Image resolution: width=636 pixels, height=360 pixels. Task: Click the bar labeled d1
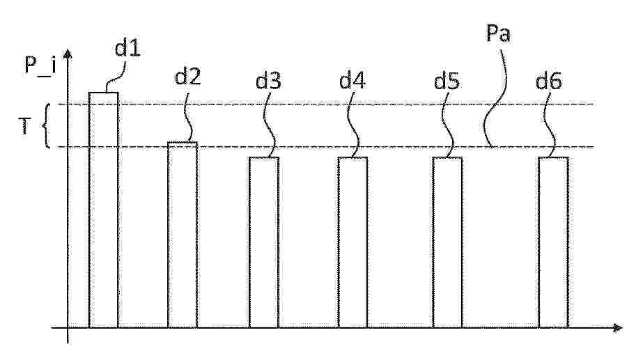pos(103,210)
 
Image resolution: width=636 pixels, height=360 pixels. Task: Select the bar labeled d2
pos(183,235)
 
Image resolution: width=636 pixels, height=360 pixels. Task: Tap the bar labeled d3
pos(263,242)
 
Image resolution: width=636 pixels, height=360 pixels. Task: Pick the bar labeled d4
pos(352,242)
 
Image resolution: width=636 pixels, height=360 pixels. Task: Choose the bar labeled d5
pos(447,242)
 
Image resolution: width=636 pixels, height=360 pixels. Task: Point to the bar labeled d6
pos(554,242)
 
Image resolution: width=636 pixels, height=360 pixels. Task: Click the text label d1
pos(127,48)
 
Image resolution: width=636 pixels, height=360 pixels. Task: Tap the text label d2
pos(188,76)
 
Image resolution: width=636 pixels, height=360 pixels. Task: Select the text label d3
pos(268,80)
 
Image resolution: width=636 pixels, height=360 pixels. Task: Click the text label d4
pos(352,80)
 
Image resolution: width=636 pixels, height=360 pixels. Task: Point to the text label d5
pos(447,81)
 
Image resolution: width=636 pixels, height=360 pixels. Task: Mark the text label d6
pos(548,81)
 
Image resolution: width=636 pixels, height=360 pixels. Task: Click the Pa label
pos(498,33)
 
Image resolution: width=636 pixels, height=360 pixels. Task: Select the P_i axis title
pos(40,65)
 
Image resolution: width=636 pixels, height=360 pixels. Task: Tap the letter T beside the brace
pos(24,125)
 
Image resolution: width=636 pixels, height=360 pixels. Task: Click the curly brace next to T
pos(47,125)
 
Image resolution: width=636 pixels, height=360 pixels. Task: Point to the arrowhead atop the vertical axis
pos(68,54)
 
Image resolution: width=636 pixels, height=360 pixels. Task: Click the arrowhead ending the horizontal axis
pos(617,327)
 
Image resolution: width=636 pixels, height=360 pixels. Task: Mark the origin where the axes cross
pos(68,327)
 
